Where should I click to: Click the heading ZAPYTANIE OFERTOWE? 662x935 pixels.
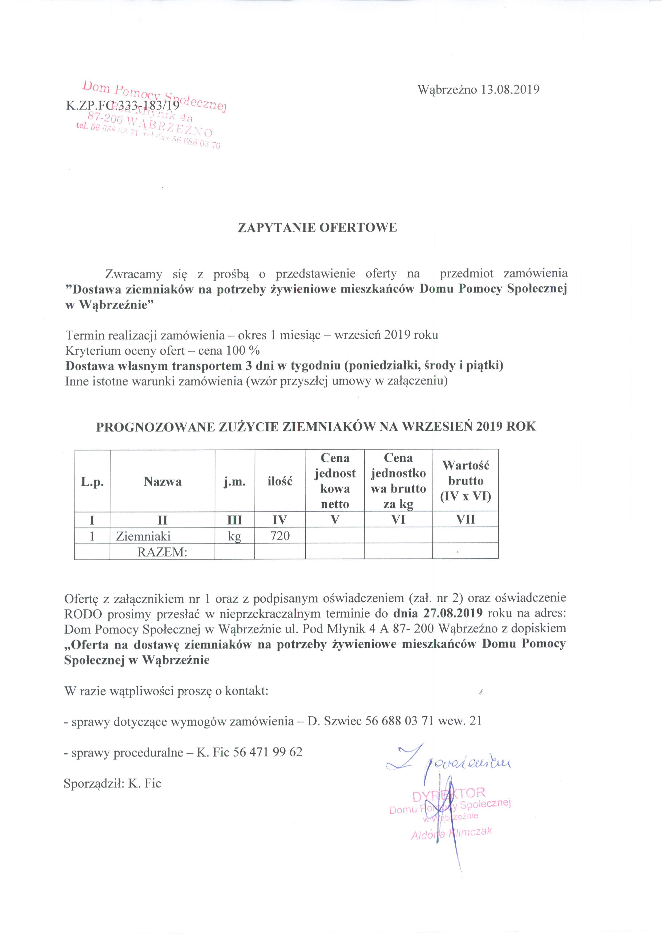pos(317,228)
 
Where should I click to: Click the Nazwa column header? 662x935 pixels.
pos(162,482)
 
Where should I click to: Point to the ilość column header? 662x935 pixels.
pos(280,482)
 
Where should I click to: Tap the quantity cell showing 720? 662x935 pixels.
pos(280,536)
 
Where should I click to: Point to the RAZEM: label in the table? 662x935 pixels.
pos(162,552)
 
